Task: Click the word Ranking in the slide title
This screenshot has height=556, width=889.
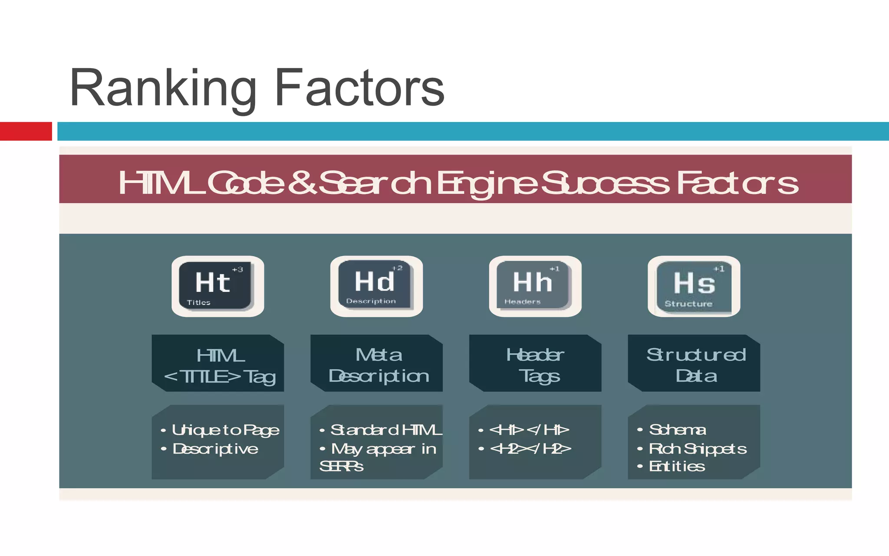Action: coord(163,89)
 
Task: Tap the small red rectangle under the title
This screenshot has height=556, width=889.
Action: coord(26,131)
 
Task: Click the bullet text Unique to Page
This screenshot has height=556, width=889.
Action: coord(225,430)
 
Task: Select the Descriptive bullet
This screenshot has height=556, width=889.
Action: coord(215,449)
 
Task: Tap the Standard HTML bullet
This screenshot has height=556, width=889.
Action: coord(386,430)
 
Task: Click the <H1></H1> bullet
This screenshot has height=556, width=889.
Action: coord(529,430)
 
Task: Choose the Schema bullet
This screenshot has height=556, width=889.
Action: coord(677,430)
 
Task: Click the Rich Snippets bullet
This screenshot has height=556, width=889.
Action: coord(698,449)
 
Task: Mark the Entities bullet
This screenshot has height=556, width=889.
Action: coord(677,467)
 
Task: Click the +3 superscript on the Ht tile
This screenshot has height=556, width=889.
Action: coord(237,270)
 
